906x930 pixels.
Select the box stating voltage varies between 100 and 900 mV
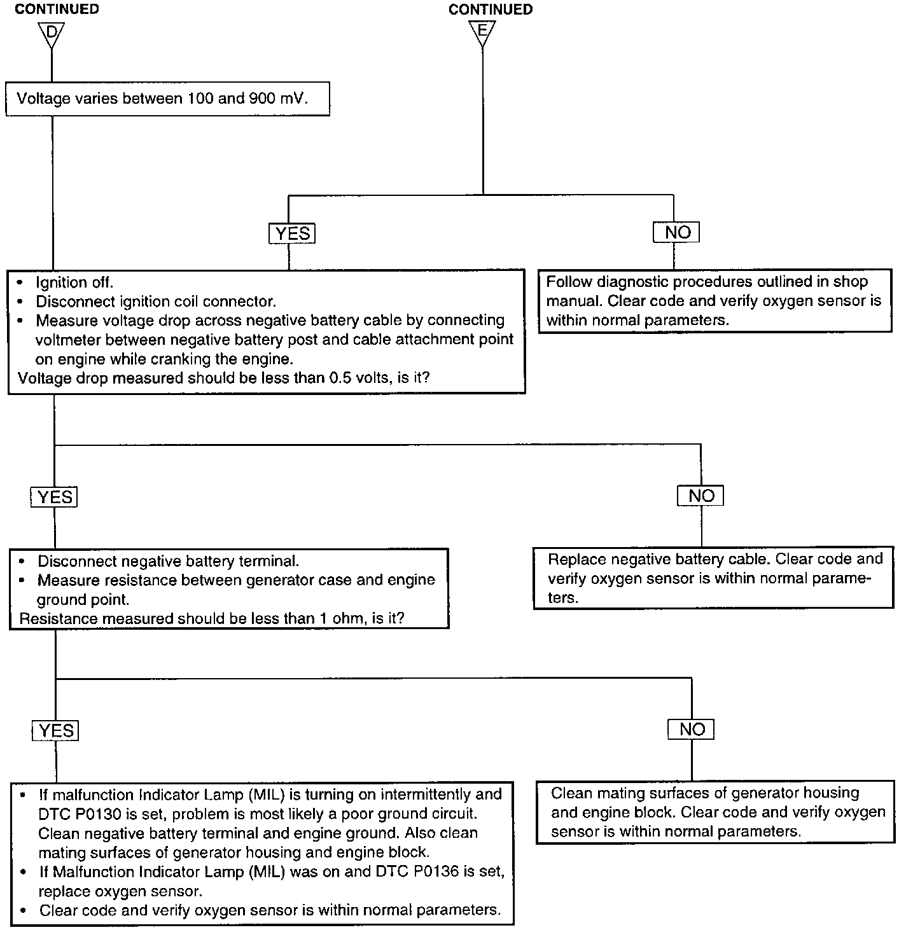167,99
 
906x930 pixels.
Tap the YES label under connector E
292,233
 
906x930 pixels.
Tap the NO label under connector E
676,232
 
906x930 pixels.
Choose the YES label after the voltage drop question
54,497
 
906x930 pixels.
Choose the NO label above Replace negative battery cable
700,496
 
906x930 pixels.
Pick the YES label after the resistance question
55,731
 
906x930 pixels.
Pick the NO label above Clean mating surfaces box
691,729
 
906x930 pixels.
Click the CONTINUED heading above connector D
57,10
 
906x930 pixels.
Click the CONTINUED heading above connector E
490,10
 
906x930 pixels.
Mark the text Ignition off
74,282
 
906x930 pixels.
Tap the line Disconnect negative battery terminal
168,561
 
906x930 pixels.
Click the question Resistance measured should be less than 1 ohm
211,618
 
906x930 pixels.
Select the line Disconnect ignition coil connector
155,302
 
